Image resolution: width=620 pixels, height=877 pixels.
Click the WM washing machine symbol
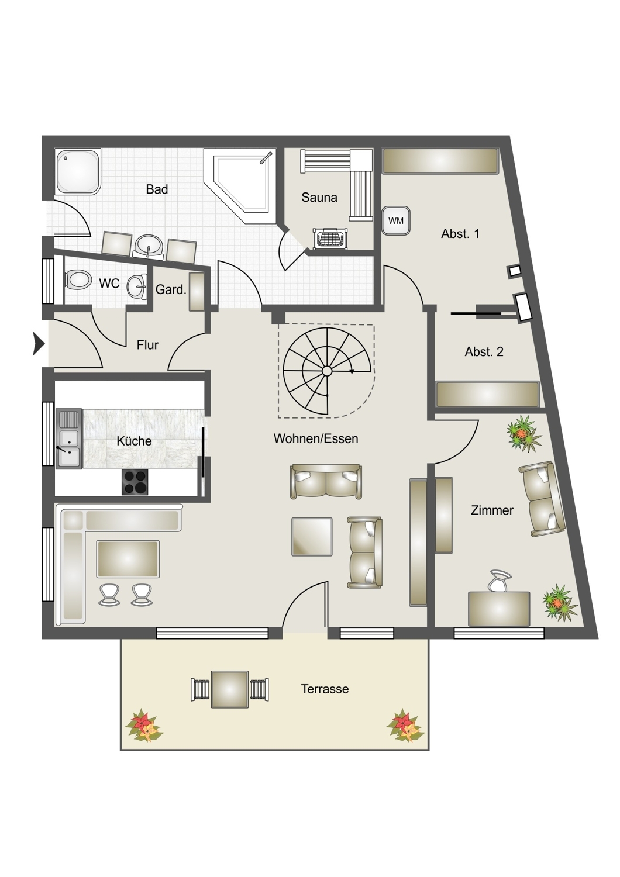pyautogui.click(x=396, y=221)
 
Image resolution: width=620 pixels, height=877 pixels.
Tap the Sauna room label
pyautogui.click(x=319, y=198)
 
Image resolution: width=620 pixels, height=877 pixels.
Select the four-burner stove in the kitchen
pyautogui.click(x=135, y=482)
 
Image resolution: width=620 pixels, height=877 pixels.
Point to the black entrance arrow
pyautogui.click(x=39, y=344)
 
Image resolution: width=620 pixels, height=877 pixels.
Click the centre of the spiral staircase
pyautogui.click(x=327, y=370)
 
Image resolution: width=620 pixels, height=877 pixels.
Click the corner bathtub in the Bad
pyautogui.click(x=240, y=186)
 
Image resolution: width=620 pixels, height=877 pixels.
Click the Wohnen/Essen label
pyautogui.click(x=316, y=439)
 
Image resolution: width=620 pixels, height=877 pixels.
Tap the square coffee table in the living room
pyautogui.click(x=312, y=537)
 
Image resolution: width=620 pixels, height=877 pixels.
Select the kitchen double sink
pyautogui.click(x=69, y=439)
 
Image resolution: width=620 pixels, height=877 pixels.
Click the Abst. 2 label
pyautogui.click(x=484, y=351)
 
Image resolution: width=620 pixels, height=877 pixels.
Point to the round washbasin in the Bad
pyautogui.click(x=149, y=246)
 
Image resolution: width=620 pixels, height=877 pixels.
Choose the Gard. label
pyautogui.click(x=171, y=290)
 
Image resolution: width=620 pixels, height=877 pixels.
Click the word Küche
pyautogui.click(x=134, y=441)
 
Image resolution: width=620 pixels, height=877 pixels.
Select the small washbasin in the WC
pyautogui.click(x=137, y=286)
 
